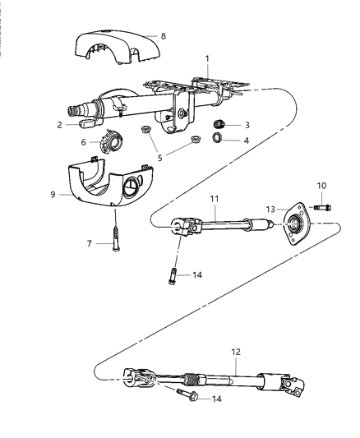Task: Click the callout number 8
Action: pyautogui.click(x=163, y=35)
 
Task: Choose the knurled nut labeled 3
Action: pyautogui.click(x=219, y=123)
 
